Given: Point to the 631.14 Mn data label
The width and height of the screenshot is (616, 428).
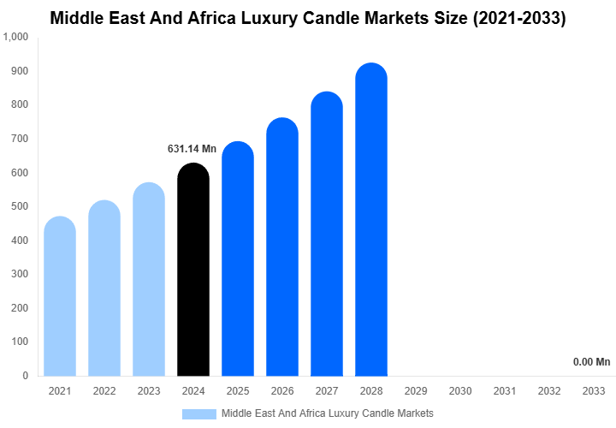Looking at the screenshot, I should pos(192,149).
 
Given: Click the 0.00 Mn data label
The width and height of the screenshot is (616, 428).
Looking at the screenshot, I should pos(592,362).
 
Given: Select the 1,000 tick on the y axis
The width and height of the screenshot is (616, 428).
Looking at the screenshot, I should pos(16,37).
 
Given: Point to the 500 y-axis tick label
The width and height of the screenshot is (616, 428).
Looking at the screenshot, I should pos(20,206).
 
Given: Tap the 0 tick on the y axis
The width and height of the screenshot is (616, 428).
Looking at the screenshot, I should pos(26,376).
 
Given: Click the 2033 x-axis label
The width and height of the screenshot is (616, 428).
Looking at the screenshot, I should pos(593,391).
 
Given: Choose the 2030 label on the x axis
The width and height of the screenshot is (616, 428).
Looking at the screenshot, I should pos(459,391).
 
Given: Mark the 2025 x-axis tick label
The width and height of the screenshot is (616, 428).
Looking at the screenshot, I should pos(238,391).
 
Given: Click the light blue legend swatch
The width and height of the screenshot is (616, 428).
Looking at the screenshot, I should pos(198,413).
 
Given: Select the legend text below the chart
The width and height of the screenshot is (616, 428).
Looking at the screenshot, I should pos(327,413).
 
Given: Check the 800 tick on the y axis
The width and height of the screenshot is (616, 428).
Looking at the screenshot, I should pos(20,104).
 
